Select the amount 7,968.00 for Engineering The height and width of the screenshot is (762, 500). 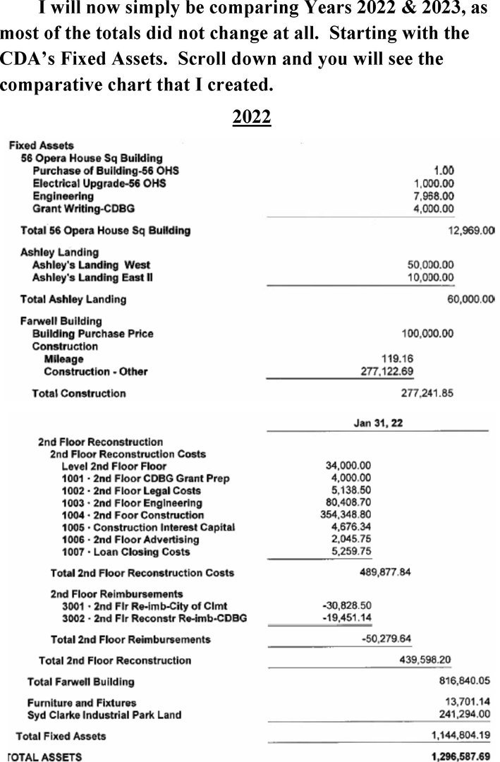[x=434, y=195]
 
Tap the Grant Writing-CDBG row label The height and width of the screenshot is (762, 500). [x=83, y=208]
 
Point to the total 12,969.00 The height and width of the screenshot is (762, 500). [x=470, y=231]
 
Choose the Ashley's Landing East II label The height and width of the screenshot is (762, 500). [x=93, y=277]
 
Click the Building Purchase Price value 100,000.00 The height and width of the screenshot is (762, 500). [x=427, y=333]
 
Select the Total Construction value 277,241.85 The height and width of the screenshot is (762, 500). [x=427, y=393]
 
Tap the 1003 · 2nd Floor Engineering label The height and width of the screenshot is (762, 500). [x=132, y=503]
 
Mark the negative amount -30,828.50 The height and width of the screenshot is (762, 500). [x=346, y=606]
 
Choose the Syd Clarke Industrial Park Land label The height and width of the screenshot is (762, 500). [x=104, y=715]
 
